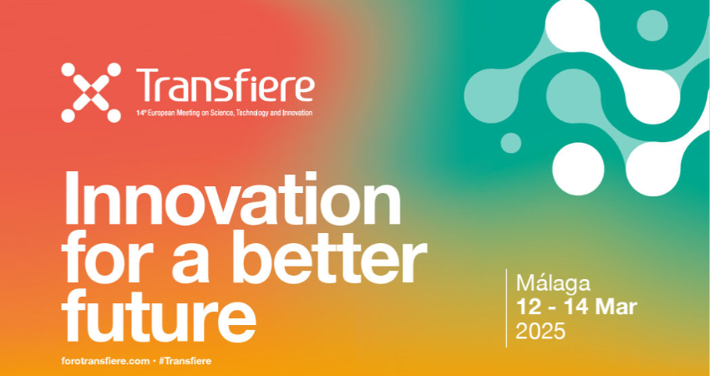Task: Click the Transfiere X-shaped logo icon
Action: point(91,93)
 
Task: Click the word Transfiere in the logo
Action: point(225,85)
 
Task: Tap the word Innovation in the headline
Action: point(232,200)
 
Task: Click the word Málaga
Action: point(553,284)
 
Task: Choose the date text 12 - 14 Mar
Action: point(576,307)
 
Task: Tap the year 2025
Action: point(540,331)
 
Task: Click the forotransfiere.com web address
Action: point(105,361)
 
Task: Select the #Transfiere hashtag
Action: point(185,361)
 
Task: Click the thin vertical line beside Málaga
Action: point(507,308)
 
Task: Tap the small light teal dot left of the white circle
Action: point(510,143)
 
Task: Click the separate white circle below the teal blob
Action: point(578,169)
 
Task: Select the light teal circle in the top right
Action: point(652,25)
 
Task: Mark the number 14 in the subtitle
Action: point(139,113)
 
